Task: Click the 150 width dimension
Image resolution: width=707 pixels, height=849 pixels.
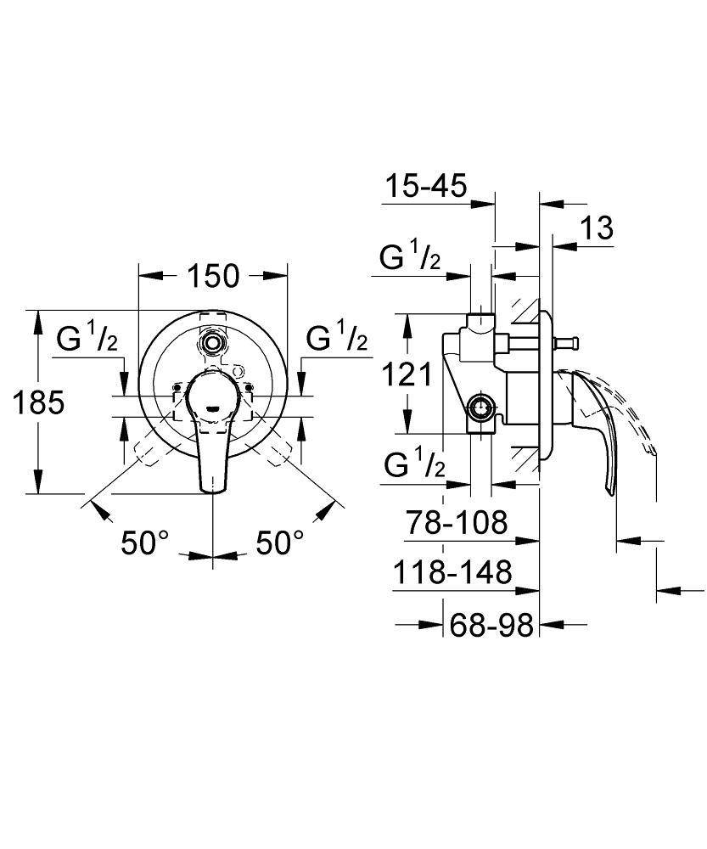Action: [x=213, y=276]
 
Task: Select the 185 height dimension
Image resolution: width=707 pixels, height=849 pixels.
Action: [x=38, y=403]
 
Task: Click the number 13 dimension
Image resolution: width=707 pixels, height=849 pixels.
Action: [x=598, y=228]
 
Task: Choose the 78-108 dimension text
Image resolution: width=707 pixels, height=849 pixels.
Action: [x=456, y=522]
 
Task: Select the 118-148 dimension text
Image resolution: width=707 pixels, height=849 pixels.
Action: [x=452, y=573]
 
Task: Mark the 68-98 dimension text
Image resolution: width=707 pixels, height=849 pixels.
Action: [x=492, y=626]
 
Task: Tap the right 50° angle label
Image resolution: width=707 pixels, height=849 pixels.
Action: [x=279, y=543]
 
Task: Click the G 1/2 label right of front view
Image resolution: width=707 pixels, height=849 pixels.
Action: [x=337, y=340]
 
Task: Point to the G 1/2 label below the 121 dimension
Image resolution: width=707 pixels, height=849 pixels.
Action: [x=414, y=465]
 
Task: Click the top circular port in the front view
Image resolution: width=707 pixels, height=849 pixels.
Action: [x=212, y=342]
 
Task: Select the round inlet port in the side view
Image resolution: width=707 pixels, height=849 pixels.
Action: [x=481, y=408]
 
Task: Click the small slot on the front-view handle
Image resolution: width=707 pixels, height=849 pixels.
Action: [x=212, y=409]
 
